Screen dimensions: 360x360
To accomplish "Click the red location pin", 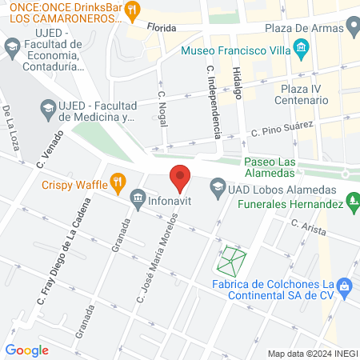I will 180,178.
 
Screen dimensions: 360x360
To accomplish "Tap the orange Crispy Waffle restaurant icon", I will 118,182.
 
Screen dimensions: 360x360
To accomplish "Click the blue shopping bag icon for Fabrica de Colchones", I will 345,285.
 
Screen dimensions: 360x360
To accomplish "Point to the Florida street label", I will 161,26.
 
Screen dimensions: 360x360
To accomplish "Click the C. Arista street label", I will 307,230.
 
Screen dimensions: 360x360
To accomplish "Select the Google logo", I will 26,350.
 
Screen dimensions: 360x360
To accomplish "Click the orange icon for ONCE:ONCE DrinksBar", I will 134,10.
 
